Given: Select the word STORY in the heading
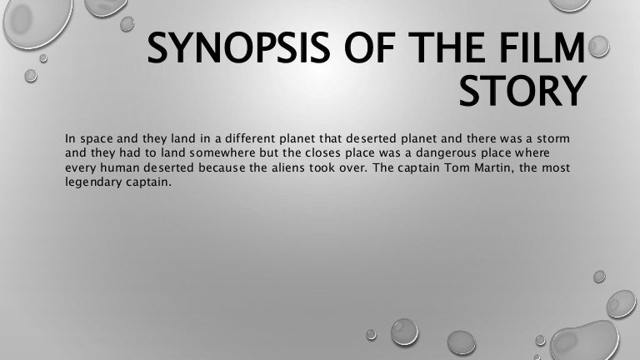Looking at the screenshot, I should [x=520, y=92].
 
